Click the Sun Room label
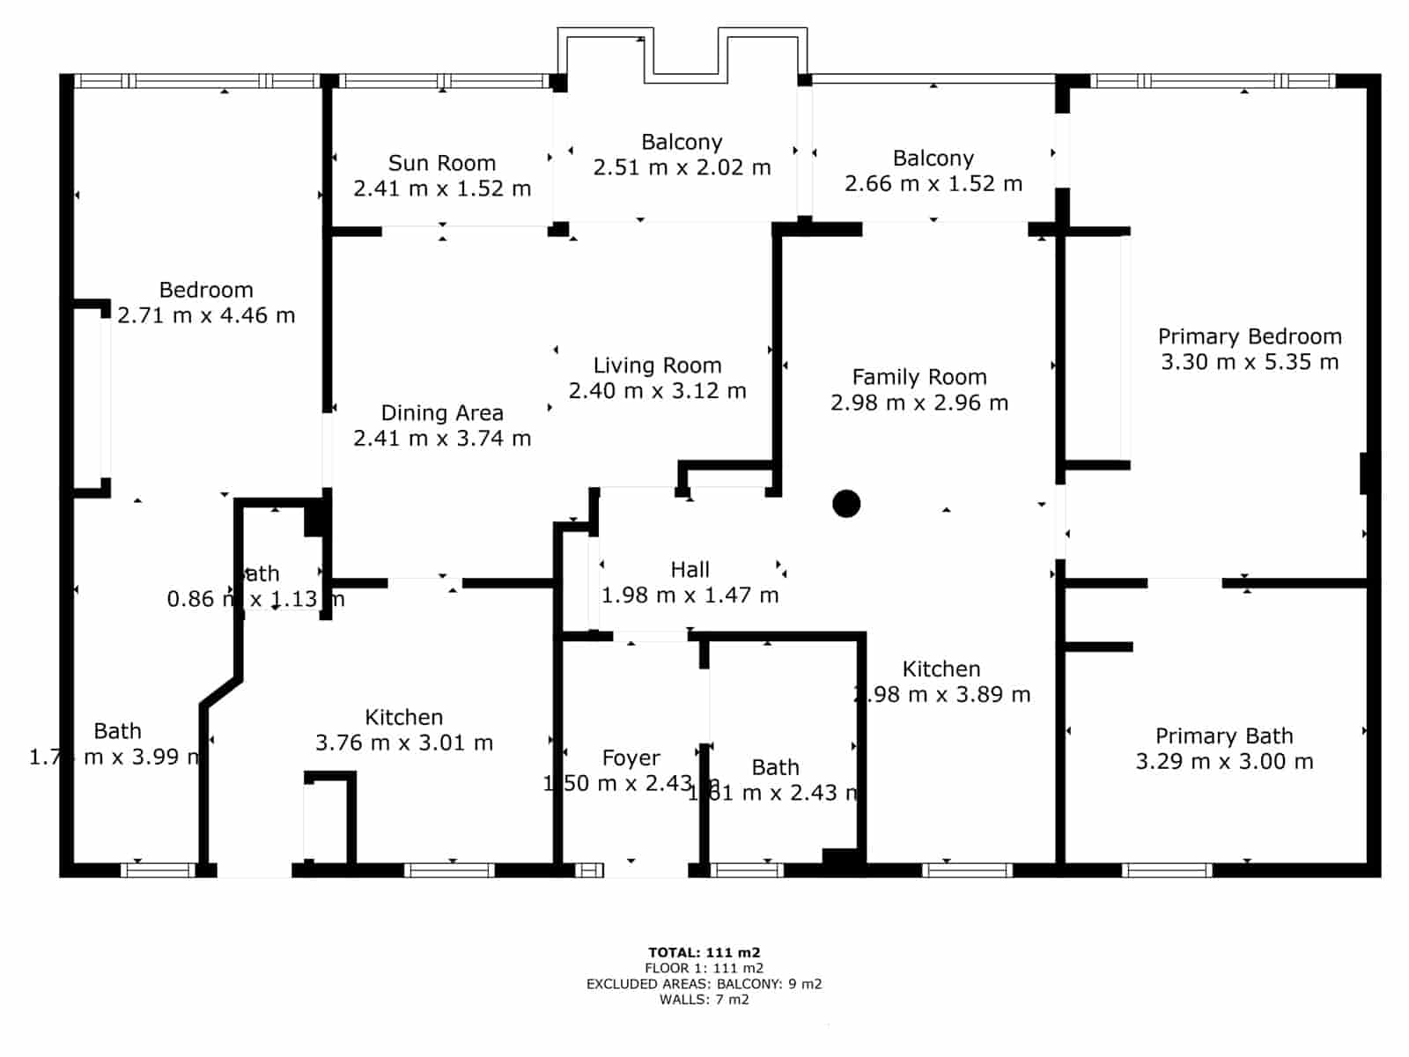point(441,163)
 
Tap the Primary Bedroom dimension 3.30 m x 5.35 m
point(1249,362)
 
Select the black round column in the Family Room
point(846,504)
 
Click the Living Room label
point(657,366)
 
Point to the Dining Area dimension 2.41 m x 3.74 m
point(441,438)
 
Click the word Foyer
point(631,758)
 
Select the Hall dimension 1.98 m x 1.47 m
point(690,595)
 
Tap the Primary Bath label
point(1223,735)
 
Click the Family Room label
point(918,377)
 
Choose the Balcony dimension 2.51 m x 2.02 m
point(682,167)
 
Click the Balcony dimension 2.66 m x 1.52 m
point(933,183)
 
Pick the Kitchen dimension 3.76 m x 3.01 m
point(403,743)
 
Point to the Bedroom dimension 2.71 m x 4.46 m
point(206,315)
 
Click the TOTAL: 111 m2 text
point(704,952)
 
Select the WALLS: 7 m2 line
point(704,1000)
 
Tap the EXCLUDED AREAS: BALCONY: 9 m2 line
point(704,984)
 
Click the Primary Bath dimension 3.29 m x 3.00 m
point(1223,762)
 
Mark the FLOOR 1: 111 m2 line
point(704,968)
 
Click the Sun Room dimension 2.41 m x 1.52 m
point(441,188)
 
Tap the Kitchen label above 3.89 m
point(941,669)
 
